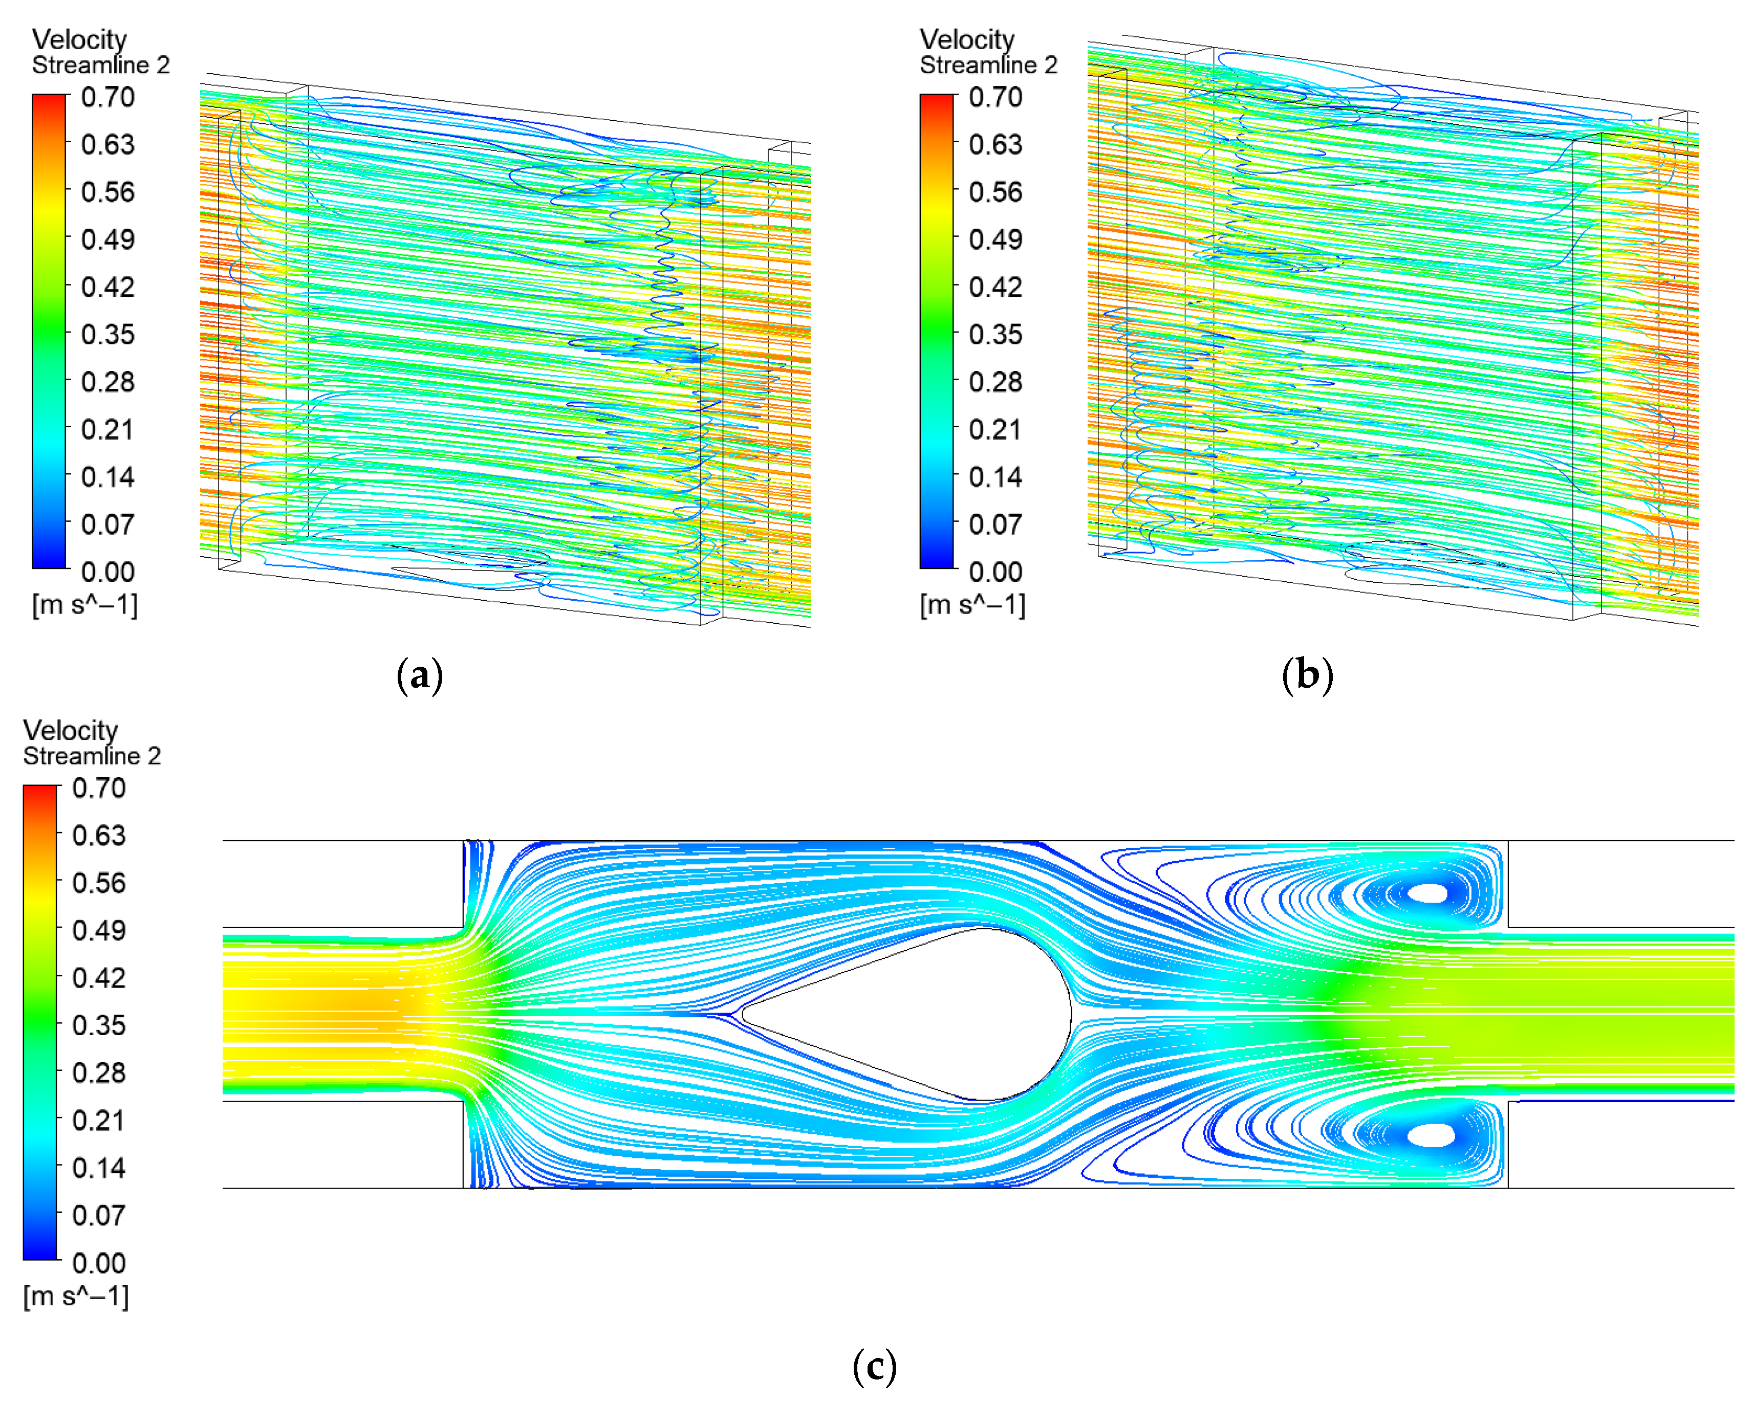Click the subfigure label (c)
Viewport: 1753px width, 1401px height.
pos(875,1367)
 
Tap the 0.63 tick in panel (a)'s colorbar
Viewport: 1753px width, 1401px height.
pos(107,145)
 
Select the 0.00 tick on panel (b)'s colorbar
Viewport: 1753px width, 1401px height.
pos(995,572)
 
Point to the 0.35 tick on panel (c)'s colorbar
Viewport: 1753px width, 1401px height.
pos(98,1025)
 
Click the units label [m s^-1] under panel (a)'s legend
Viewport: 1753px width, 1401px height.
pos(84,605)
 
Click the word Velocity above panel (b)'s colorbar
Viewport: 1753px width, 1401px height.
pos(967,39)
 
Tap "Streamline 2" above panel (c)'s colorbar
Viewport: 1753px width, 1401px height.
pos(92,756)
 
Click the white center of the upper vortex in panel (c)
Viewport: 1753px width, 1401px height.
pos(1428,893)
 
